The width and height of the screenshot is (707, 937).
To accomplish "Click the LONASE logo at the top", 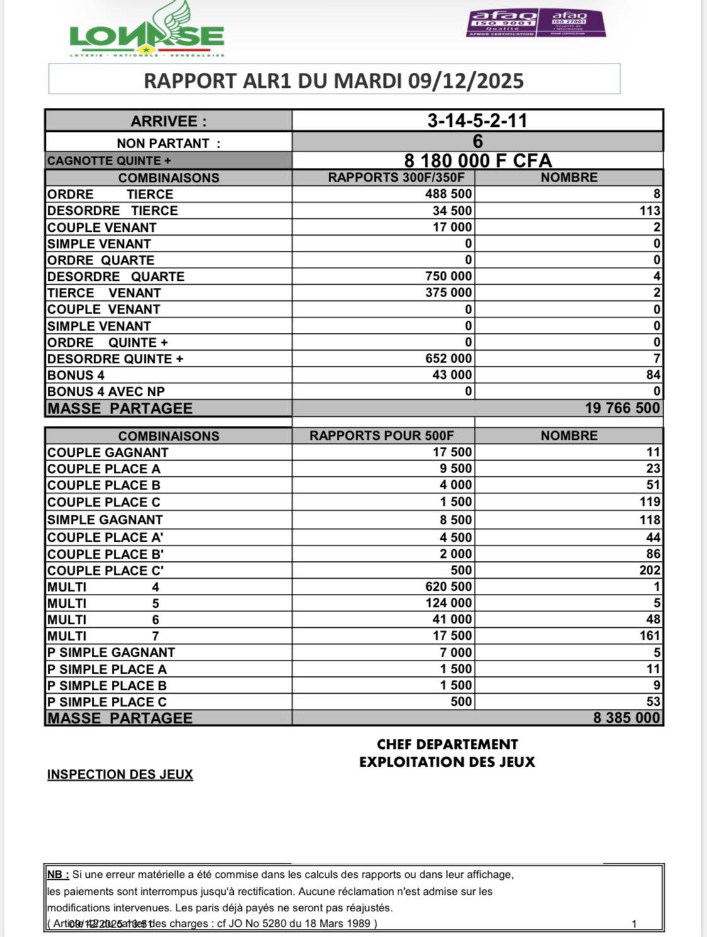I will pyautogui.click(x=146, y=33).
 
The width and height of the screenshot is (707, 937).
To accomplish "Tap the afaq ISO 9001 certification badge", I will pyautogui.click(x=502, y=23).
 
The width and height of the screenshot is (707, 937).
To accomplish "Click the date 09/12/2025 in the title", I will pyautogui.click(x=466, y=80).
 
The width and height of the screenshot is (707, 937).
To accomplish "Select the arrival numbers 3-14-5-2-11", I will pyautogui.click(x=477, y=121).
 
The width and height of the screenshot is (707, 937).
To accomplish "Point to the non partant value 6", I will pyautogui.click(x=478, y=141).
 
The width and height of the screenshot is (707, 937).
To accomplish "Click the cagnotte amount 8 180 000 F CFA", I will pyautogui.click(x=478, y=161).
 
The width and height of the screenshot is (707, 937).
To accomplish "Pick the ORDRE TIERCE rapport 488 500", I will pyautogui.click(x=448, y=194).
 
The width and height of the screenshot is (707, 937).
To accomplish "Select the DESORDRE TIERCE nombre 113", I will pyautogui.click(x=650, y=211).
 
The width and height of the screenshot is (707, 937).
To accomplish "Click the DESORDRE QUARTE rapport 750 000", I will pyautogui.click(x=448, y=277).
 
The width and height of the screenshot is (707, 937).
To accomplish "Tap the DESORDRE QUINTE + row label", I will pyautogui.click(x=115, y=359).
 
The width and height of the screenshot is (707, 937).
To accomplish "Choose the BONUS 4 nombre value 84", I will pyautogui.click(x=653, y=375).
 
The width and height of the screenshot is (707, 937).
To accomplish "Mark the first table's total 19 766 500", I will pyautogui.click(x=622, y=408).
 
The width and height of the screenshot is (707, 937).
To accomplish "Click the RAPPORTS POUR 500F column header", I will pyautogui.click(x=381, y=436).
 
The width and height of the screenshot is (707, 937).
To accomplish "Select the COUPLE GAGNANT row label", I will pyautogui.click(x=108, y=452).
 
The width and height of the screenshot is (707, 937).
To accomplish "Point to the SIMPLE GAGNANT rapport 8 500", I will pyautogui.click(x=456, y=520).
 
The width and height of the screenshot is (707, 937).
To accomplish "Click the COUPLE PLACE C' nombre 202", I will pyautogui.click(x=650, y=571).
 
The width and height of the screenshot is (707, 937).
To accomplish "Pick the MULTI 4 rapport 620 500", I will pyautogui.click(x=448, y=587).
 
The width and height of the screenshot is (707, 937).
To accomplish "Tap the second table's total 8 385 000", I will pyautogui.click(x=627, y=718).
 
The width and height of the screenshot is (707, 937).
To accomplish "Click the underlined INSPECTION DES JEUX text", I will pyautogui.click(x=120, y=774).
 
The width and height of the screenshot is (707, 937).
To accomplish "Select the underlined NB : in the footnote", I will pyautogui.click(x=58, y=874).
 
